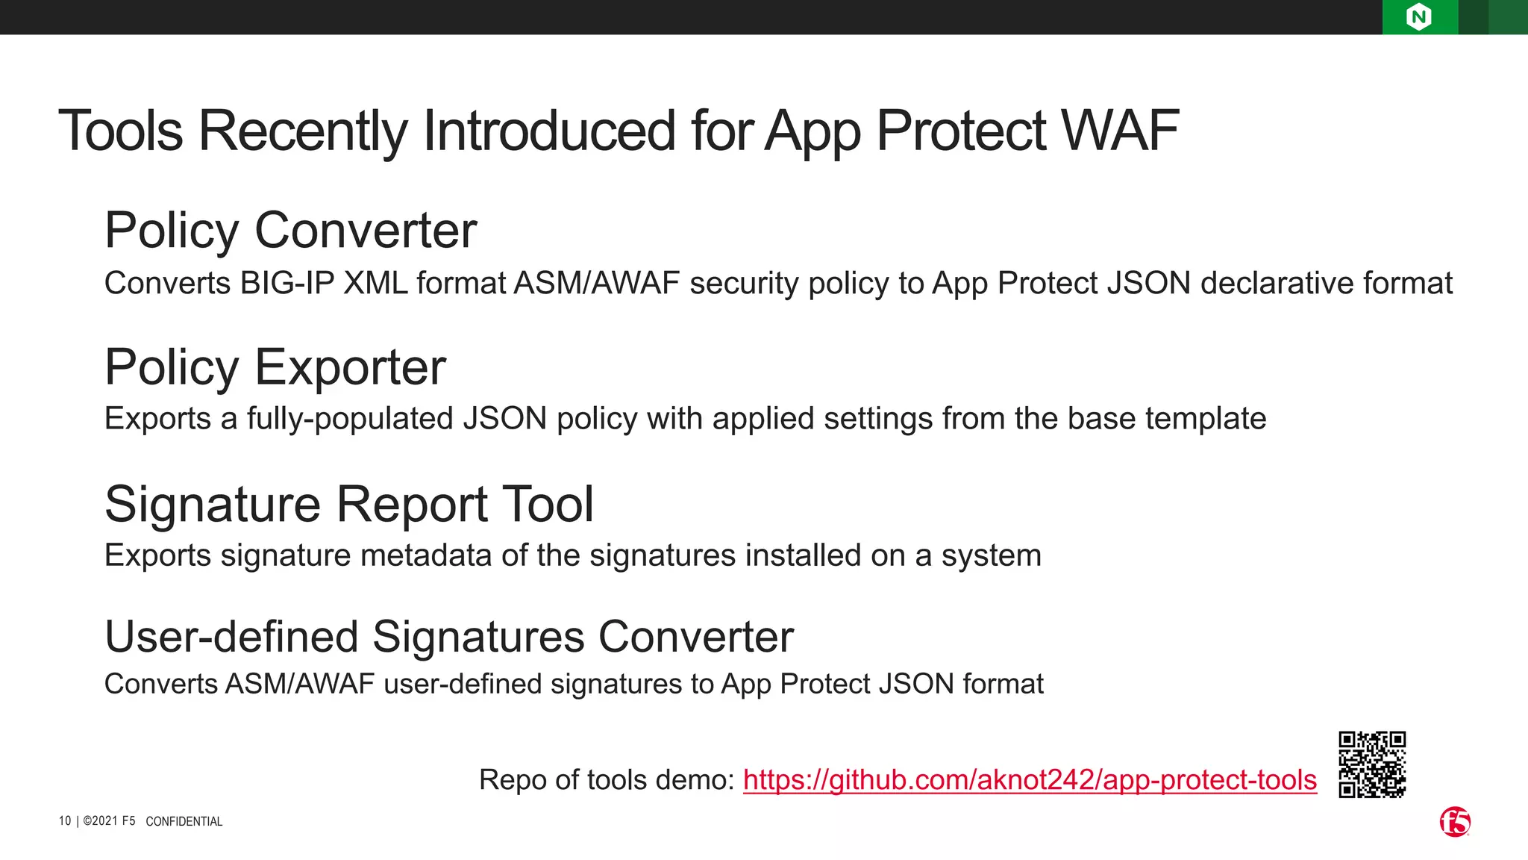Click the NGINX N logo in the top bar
pyautogui.click(x=1419, y=17)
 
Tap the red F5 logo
pyautogui.click(x=1455, y=822)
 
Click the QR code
pyautogui.click(x=1372, y=764)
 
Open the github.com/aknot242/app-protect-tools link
pyautogui.click(x=1030, y=780)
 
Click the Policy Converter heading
pyautogui.click(x=290, y=230)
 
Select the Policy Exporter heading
pyautogui.click(x=275, y=367)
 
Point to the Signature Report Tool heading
pyautogui.click(x=349, y=504)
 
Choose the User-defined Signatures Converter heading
pyautogui.click(x=449, y=637)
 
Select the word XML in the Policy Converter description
pyautogui.click(x=375, y=284)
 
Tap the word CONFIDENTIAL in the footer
pyautogui.click(x=184, y=822)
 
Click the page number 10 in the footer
pyautogui.click(x=65, y=821)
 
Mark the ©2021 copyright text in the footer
pyautogui.click(x=109, y=821)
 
